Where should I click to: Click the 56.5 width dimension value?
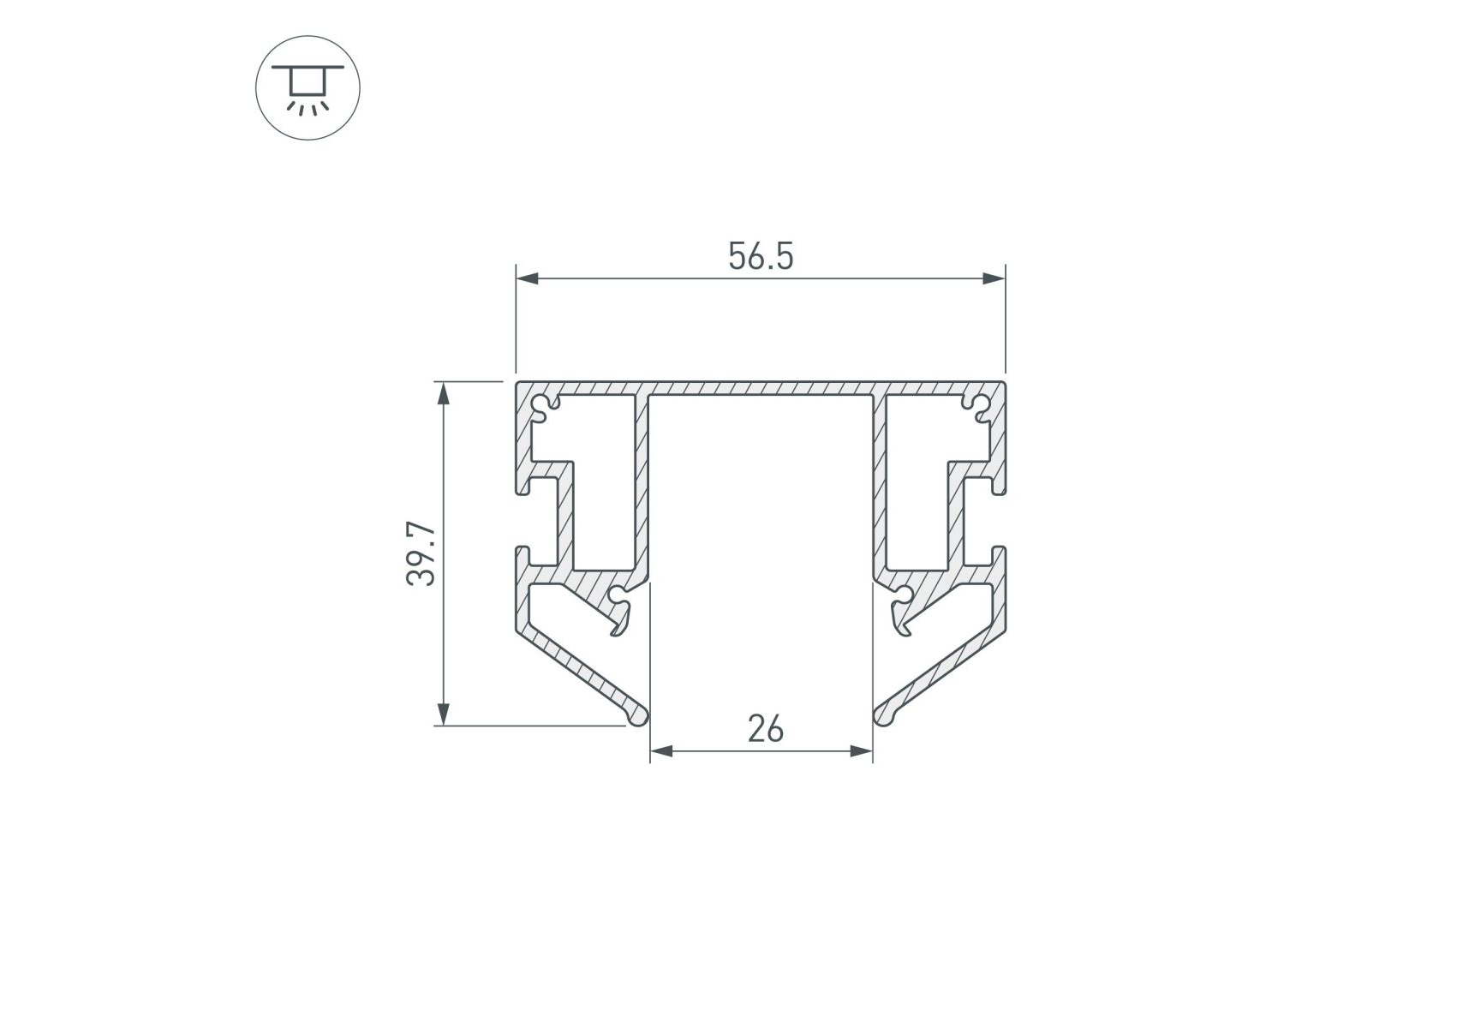point(761,256)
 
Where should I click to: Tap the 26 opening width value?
point(765,729)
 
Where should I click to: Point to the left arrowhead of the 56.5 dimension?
point(527,278)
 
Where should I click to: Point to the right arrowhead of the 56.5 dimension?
point(994,278)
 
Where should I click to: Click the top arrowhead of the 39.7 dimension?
point(443,393)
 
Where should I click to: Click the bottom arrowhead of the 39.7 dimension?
point(443,714)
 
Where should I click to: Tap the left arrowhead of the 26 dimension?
point(661,751)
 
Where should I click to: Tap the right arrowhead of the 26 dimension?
point(861,751)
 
